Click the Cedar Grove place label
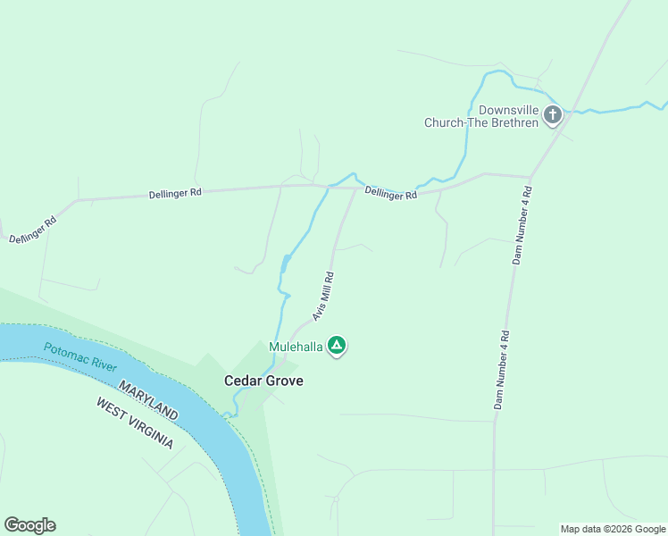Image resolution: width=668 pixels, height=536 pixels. (263, 381)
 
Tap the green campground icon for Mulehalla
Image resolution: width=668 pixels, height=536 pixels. (336, 345)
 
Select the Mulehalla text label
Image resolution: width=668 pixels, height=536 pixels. (295, 346)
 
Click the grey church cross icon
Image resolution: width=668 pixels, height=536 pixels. (553, 114)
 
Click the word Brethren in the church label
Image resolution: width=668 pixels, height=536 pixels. (516, 122)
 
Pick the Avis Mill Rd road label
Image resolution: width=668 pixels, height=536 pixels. (322, 297)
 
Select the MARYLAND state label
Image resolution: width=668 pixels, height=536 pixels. (147, 399)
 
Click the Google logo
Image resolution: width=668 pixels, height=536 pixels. (29, 525)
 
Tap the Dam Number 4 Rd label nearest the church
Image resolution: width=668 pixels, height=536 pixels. (522, 225)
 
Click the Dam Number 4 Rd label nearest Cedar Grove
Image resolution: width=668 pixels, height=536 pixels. (502, 370)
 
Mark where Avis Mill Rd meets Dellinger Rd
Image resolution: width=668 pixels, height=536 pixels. (357, 188)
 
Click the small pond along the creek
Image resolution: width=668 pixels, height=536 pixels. (284, 264)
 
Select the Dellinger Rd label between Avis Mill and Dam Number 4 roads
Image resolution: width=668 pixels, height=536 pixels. (390, 192)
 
